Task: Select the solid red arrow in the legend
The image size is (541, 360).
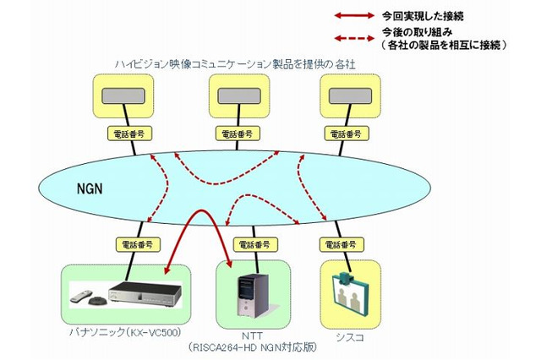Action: (x=357, y=14)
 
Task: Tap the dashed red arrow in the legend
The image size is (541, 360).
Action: (x=357, y=36)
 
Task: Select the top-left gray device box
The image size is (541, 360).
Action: (x=124, y=97)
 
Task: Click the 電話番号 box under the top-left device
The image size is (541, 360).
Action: (x=124, y=134)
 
